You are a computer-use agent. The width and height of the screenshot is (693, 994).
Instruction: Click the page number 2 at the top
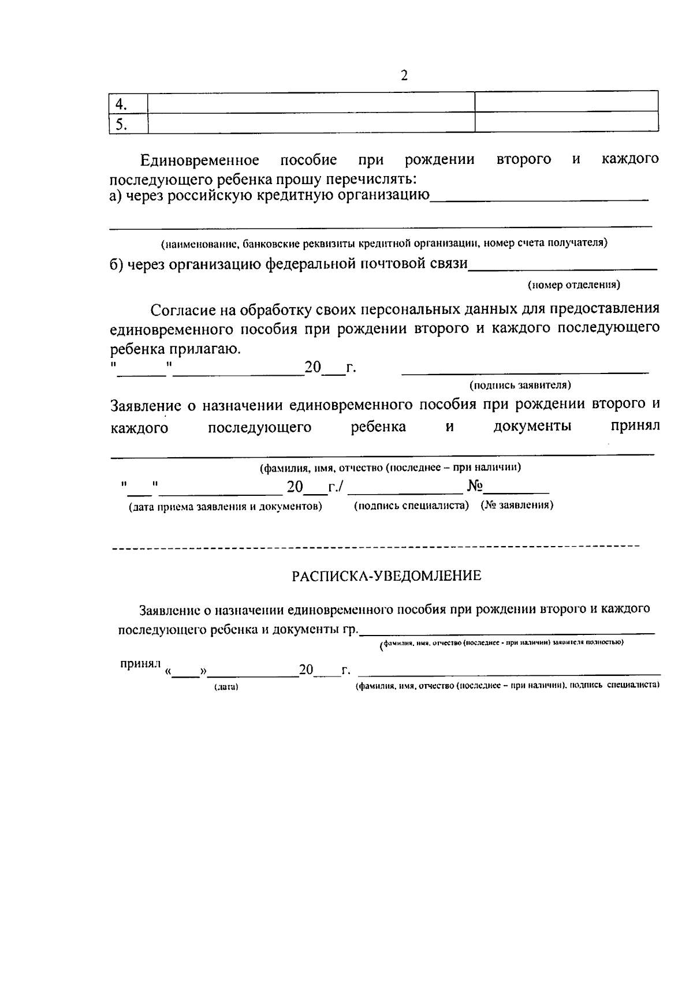pyautogui.click(x=404, y=76)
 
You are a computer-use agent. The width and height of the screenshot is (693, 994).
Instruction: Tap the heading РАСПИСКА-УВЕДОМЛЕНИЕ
pyautogui.click(x=386, y=576)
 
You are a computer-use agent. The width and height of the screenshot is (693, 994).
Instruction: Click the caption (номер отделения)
pyautogui.click(x=574, y=285)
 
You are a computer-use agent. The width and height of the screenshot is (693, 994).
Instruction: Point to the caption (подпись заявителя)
pyautogui.click(x=520, y=384)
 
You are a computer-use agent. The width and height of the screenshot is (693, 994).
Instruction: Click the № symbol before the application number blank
pyautogui.click(x=475, y=487)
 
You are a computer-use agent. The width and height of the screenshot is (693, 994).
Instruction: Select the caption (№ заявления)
pyautogui.click(x=517, y=505)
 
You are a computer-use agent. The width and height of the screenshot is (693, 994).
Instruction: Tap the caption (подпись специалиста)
pyautogui.click(x=411, y=505)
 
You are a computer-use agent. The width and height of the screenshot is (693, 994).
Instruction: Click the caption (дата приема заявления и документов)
pyautogui.click(x=225, y=506)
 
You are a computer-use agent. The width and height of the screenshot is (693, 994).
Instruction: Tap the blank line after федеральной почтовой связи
pyautogui.click(x=562, y=268)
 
